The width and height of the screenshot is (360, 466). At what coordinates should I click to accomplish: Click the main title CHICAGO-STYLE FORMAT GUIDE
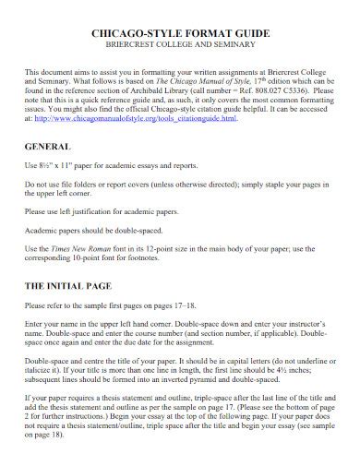[x=179, y=31]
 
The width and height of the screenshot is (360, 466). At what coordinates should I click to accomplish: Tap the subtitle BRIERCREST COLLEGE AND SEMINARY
[x=179, y=44]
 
